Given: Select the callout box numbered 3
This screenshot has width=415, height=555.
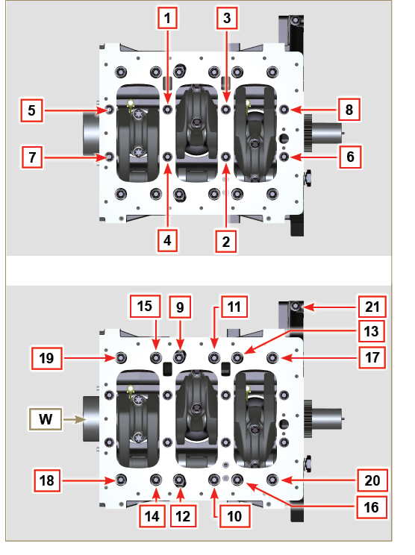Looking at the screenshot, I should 228,16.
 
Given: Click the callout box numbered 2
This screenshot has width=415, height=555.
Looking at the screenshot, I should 228,240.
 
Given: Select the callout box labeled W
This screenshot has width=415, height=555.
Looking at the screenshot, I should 46,421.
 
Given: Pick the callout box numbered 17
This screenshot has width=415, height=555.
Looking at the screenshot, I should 371,357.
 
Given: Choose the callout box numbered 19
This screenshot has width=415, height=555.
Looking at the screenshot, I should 46,357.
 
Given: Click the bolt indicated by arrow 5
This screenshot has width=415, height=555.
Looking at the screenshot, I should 110,110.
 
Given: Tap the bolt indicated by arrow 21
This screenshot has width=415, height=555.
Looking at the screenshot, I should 297,307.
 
